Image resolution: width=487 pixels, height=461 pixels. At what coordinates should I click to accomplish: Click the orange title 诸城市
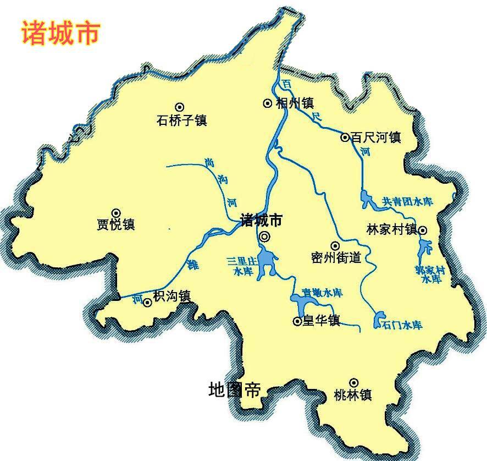(60, 32)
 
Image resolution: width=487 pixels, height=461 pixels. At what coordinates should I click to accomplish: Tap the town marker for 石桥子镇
(179, 107)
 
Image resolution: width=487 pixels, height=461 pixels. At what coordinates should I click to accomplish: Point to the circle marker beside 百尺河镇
(345, 138)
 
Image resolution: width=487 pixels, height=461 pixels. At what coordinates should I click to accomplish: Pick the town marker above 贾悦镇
(117, 213)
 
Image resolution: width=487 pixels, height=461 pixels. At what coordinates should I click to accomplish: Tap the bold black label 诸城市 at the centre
(261, 221)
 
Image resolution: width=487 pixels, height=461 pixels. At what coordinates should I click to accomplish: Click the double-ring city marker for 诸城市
(265, 237)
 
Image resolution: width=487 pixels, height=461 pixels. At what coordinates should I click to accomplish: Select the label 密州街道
(336, 257)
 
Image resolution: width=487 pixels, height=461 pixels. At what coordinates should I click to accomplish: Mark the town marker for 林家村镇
(423, 230)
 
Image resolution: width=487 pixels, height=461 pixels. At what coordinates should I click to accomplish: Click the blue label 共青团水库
(408, 202)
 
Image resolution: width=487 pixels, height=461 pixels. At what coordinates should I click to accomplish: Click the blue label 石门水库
(403, 325)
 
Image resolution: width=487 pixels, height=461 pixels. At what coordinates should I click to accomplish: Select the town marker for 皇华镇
(298, 321)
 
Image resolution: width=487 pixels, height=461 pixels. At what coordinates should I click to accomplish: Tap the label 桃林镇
(353, 394)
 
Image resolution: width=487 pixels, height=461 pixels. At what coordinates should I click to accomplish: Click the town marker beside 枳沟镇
(147, 302)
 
